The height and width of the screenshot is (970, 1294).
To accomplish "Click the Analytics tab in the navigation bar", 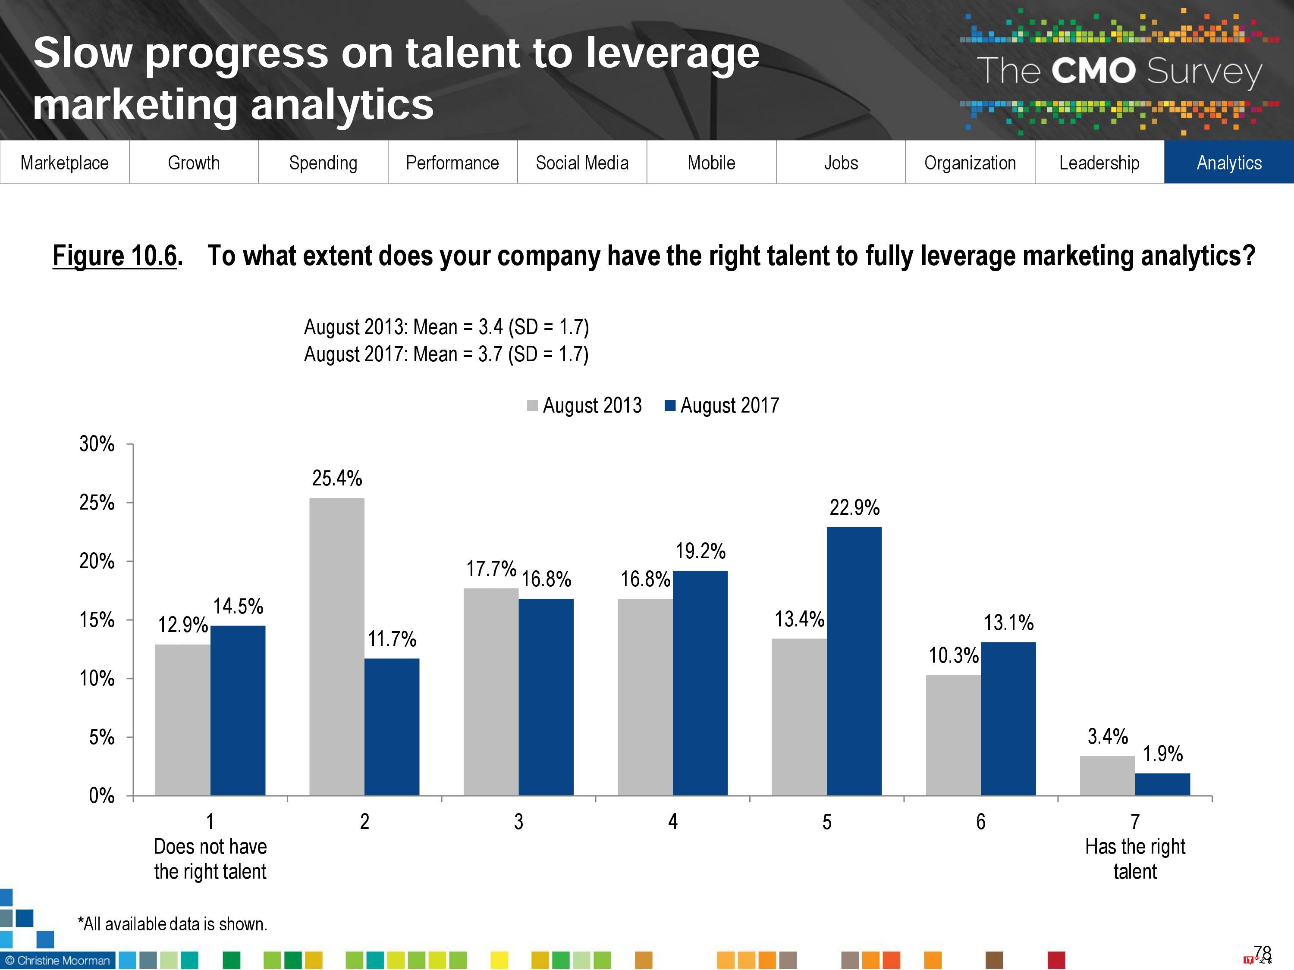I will pos(1228,163).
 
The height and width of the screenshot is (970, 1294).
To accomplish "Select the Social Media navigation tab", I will pos(581,163).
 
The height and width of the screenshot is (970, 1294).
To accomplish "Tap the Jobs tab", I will pos(841,163).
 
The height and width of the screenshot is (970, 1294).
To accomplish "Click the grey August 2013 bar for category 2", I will pos(336,646).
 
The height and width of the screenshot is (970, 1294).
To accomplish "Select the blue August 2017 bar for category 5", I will pos(854,661).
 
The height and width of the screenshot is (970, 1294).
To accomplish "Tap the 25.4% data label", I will pos(337,478).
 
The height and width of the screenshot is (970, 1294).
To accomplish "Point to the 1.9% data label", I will pos(1162,754).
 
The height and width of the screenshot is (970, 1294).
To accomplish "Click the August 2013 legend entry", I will pos(584,405).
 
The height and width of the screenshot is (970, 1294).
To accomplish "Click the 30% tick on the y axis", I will pos(97,444).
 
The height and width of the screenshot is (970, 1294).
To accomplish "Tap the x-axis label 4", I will pos(673,822).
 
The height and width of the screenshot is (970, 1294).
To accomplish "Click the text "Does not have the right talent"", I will pos(210,858).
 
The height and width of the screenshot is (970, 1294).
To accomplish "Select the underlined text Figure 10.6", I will pos(115,256).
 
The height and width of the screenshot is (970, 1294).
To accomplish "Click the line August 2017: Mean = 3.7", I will pos(446,354).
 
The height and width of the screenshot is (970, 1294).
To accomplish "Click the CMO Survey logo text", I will pos(1119,71).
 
